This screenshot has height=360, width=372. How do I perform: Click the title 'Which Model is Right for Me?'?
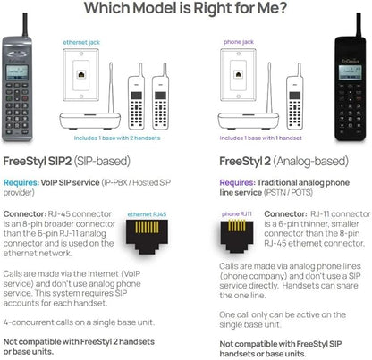point(185,10)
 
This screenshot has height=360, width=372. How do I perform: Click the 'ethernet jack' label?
point(86,41)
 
